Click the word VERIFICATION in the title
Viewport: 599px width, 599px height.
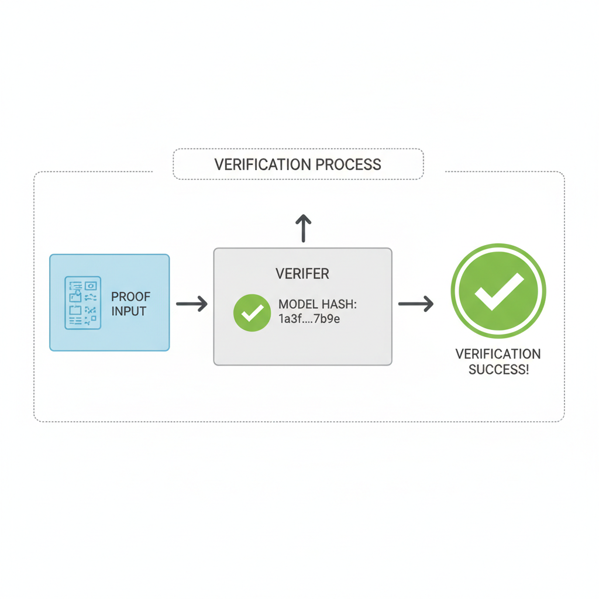263,164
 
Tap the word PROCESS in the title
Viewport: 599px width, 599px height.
349,164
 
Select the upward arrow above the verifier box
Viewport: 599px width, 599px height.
303,228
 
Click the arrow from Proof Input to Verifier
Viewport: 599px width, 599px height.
192,304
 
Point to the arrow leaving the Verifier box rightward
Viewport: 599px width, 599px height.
416,304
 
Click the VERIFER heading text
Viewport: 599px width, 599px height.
302,273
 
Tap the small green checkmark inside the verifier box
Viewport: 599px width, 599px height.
252,313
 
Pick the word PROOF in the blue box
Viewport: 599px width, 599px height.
130,297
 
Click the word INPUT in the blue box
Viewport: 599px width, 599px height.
129,311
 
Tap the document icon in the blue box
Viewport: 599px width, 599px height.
82,303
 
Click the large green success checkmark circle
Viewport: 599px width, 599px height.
498,291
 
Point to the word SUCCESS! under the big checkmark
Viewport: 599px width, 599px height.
498,370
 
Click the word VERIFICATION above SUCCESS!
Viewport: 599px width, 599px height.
498,354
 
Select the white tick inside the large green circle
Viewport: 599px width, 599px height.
498,290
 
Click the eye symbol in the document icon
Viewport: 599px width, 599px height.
91,286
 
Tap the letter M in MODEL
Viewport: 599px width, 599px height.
283,305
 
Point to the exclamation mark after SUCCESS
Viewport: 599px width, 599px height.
526,370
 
